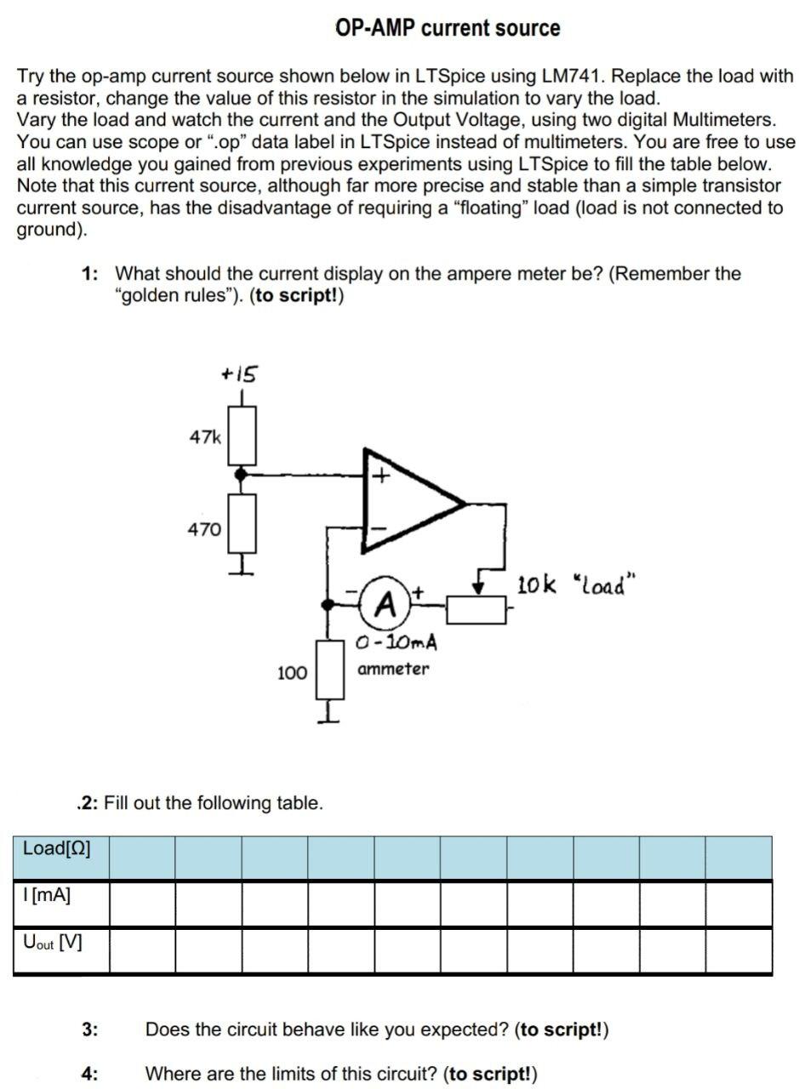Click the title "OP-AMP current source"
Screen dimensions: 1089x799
coord(448,28)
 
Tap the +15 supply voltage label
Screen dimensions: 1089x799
coord(240,373)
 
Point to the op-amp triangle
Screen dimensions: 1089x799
coord(408,501)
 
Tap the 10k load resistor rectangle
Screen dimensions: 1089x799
coord(477,610)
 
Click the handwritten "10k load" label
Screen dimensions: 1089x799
coord(577,585)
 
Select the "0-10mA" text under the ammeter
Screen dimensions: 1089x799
coord(397,641)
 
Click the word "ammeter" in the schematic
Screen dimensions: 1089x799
coord(393,669)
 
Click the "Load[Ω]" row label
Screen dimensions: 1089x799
coord(57,848)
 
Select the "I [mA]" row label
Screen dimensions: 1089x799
coord(48,895)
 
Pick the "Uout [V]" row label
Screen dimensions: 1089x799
coord(53,943)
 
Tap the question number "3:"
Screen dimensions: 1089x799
coord(90,1029)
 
